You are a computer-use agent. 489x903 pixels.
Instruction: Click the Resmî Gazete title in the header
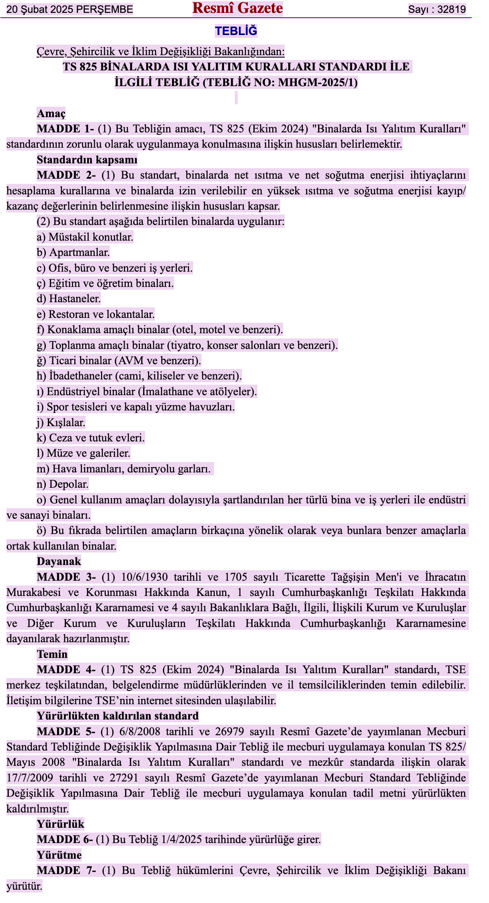coord(237,8)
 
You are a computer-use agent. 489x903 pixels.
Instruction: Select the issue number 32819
coord(451,9)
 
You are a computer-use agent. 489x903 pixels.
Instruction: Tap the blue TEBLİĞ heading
coord(236,31)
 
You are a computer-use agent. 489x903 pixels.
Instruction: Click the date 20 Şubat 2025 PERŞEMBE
coord(70,9)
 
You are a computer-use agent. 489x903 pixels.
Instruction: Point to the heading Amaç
coord(51,113)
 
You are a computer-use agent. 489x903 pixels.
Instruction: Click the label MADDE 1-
coord(66,129)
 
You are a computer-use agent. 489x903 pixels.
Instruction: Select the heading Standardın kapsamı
coord(87,160)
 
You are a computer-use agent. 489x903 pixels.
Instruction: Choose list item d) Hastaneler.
coord(69,299)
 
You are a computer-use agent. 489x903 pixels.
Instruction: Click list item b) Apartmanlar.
coord(73,252)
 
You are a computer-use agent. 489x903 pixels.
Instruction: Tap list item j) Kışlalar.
coord(61,423)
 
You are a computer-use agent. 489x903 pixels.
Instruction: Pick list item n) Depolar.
coord(63,484)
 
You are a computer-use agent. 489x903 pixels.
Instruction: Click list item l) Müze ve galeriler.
coord(84,453)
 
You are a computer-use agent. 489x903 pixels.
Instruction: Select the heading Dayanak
coord(59,561)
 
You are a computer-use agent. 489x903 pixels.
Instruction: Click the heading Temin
coord(52,654)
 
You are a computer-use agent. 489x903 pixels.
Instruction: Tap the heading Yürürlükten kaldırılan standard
coord(118,716)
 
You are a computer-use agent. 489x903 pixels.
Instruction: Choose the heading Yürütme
coord(59,855)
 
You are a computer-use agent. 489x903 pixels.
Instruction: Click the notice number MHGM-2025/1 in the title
coord(317,82)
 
